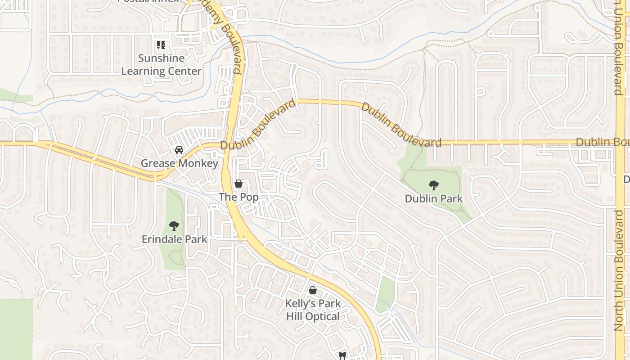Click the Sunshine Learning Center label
(161, 65)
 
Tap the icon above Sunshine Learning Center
(161, 45)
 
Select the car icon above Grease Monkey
(179, 150)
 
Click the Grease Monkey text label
(179, 163)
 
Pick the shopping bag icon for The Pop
(238, 184)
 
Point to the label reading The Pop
(238, 197)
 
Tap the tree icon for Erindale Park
(174, 226)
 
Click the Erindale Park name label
(174, 239)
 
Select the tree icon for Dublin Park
(433, 185)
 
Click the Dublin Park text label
(433, 198)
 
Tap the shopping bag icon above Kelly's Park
(313, 290)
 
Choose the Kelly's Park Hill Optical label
(313, 310)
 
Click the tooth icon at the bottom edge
(342, 356)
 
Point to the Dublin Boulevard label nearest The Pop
(258, 126)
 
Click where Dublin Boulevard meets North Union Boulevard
(620, 143)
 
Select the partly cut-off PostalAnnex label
(148, 1)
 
